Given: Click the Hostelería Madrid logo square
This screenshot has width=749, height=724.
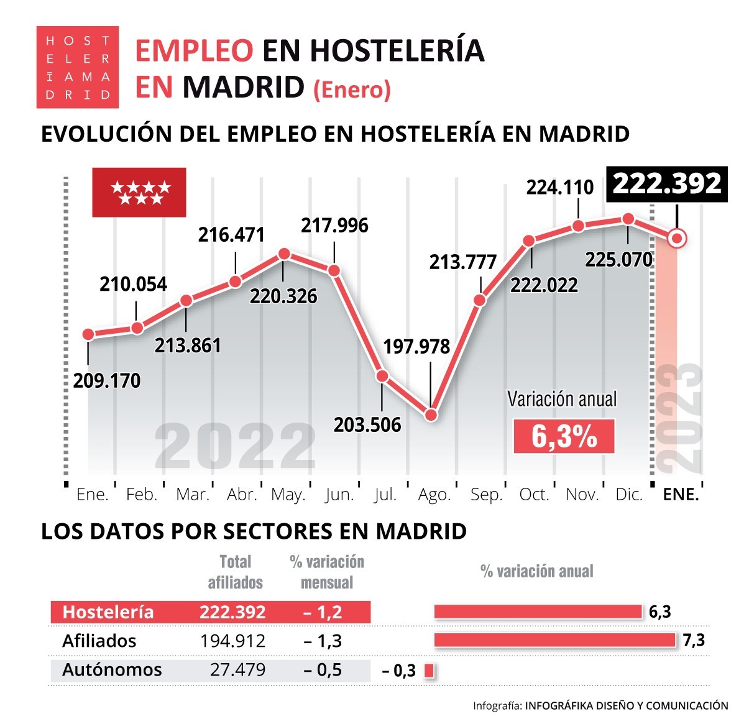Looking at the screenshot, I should point(77,67).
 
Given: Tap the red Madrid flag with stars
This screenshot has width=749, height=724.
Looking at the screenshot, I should point(139,192).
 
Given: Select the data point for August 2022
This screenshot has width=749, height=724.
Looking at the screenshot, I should point(431,415).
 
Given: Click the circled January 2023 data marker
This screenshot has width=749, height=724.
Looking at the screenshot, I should point(677,237).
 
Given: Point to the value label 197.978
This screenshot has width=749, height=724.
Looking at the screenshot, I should point(416,346).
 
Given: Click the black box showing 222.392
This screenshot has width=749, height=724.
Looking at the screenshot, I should point(667,184).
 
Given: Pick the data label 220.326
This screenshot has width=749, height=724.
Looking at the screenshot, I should point(283,296).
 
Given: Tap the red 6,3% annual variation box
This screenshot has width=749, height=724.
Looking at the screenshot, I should point(564,436).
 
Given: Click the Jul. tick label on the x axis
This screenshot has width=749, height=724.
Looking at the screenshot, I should point(385,495).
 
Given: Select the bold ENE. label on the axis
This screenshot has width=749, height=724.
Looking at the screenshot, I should point(681,495).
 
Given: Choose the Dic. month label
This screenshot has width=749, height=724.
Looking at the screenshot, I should point(628,495).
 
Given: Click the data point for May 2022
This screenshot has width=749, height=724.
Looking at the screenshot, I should point(284,254).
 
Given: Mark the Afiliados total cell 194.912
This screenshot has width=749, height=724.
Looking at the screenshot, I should point(232,641).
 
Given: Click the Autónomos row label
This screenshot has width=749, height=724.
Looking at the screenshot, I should point(112,670).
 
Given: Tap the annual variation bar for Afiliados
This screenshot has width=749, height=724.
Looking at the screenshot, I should point(554,640).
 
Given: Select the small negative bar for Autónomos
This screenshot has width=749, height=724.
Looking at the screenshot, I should point(428,671).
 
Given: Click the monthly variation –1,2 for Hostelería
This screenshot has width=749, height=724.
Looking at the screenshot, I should point(323,612).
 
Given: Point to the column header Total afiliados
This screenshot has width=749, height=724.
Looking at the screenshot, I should point(235,572).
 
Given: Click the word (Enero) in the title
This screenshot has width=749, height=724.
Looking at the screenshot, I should point(352,89).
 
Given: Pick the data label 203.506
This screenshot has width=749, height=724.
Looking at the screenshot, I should point(367,424).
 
